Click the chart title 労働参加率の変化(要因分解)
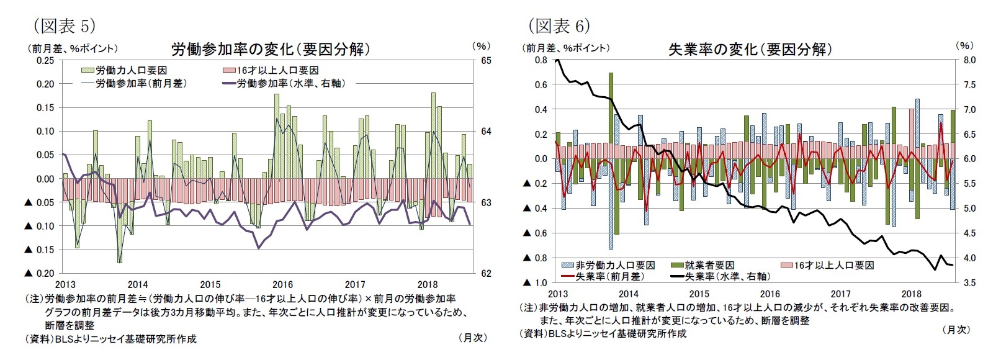[271, 49]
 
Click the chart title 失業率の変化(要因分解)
[750, 49]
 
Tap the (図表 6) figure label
[559, 25]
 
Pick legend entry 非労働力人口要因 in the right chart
[608, 265]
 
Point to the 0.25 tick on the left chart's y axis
[45, 60]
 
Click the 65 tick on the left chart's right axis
[486, 60]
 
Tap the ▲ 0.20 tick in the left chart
[39, 273]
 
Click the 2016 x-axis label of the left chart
[282, 285]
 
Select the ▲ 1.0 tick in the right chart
[536, 283]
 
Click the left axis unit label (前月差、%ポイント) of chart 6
[567, 48]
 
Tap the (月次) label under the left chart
[473, 338]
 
